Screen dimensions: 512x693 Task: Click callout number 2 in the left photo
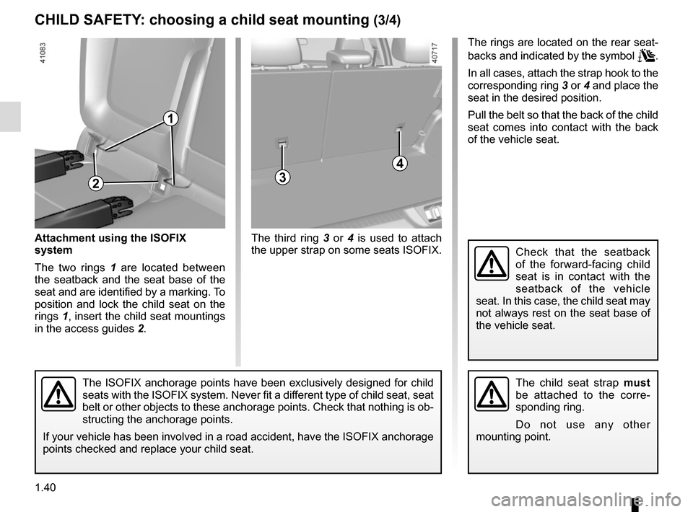[x=95, y=183]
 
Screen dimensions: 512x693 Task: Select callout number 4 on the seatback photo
[x=401, y=164]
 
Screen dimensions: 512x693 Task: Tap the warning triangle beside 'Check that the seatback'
[x=492, y=265]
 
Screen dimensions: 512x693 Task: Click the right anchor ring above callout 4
[x=400, y=130]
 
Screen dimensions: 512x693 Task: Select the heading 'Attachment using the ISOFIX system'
[x=110, y=244]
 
